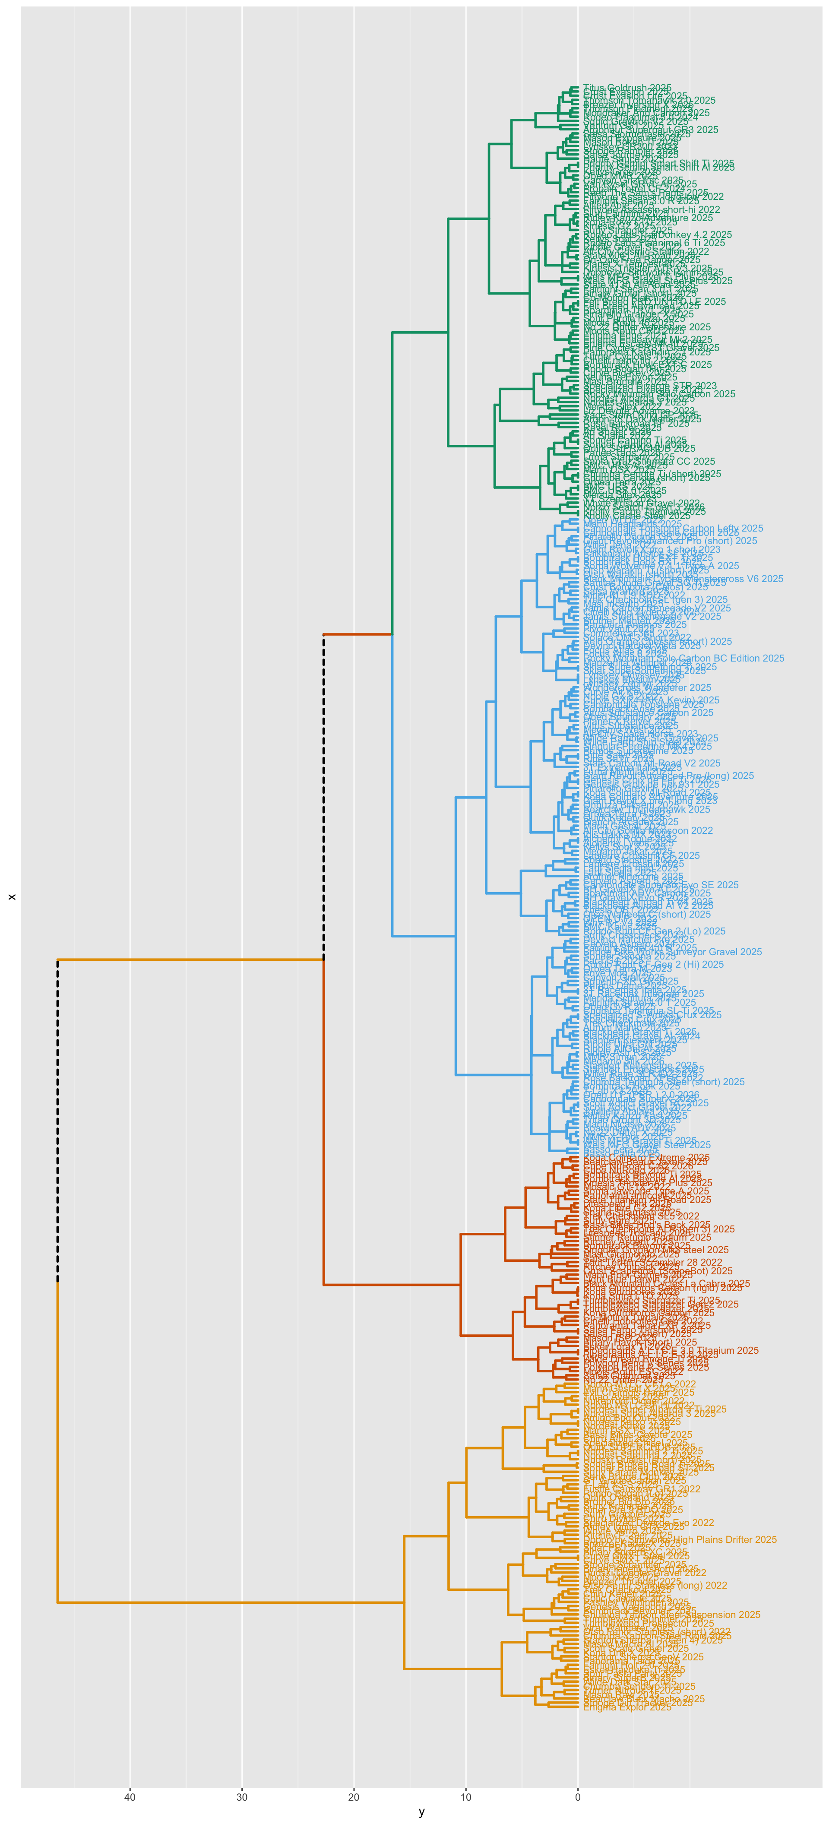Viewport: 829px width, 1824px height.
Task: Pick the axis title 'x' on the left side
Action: pos(11,897)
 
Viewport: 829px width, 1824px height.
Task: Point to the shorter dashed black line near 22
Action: pos(323,797)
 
